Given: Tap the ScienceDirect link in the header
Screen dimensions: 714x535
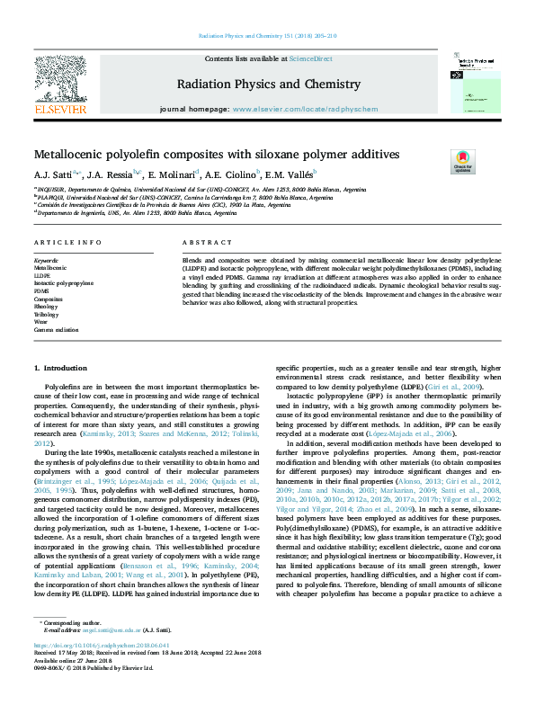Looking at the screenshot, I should (x=310, y=58).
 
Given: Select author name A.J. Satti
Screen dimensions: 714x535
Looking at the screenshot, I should (x=55, y=174).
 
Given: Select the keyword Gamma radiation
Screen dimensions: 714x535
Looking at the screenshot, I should (x=56, y=330).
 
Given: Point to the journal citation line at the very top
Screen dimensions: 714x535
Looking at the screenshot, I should (x=266, y=37).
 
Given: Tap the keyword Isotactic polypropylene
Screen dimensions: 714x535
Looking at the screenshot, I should (x=63, y=283).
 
